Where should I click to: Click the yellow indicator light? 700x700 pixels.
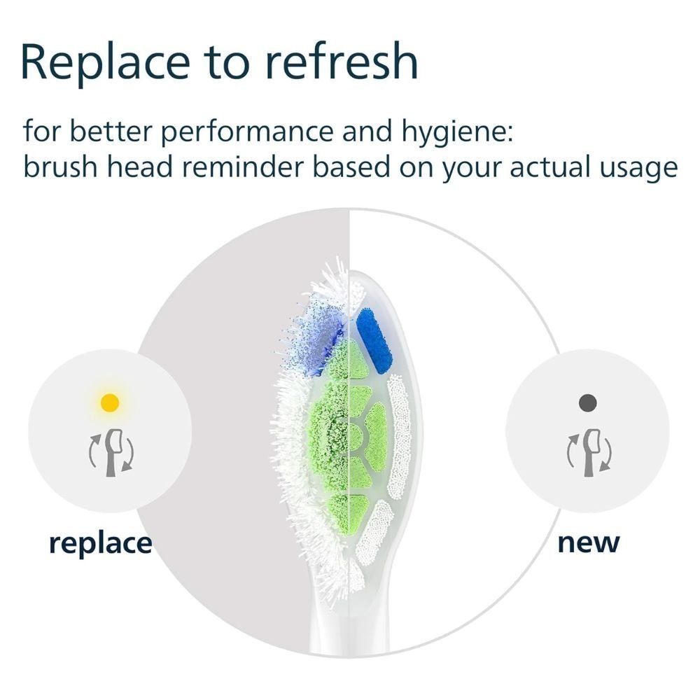(110, 402)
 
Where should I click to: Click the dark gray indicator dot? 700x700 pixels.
(587, 402)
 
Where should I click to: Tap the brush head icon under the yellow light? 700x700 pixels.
(111, 451)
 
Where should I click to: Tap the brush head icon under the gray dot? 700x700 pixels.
(589, 451)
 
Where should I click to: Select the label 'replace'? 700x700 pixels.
(100, 543)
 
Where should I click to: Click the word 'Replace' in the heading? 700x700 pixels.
(106, 62)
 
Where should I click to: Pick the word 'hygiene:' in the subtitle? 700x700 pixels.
(457, 132)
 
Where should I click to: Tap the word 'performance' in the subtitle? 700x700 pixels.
(247, 132)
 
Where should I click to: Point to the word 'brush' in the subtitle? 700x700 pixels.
(61, 167)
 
